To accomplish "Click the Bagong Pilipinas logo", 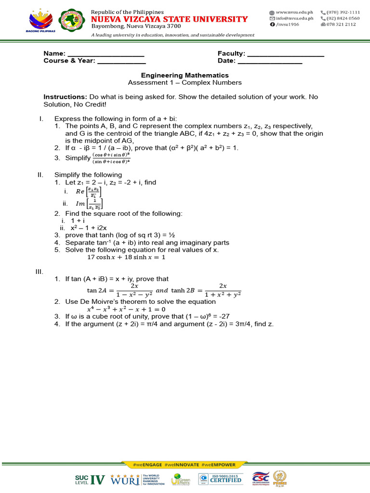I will (x=42, y=22).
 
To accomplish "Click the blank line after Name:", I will (x=106, y=54).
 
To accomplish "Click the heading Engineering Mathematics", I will (x=185, y=76).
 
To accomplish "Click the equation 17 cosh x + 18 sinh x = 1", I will (x=126, y=257).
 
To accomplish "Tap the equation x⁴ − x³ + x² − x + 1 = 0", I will (x=126, y=309).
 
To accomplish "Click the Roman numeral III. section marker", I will (x=40, y=272).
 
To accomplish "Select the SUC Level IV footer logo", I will (x=90, y=479).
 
